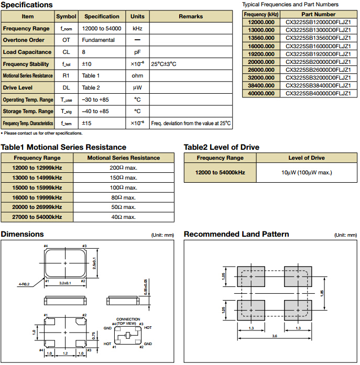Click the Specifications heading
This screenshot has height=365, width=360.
tap(27, 5)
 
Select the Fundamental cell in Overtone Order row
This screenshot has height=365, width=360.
tap(97, 40)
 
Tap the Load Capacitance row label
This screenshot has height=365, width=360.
tap(27, 52)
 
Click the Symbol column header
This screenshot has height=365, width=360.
tap(66, 17)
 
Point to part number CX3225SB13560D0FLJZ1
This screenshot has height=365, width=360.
tap(318, 38)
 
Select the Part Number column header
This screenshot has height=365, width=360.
tap(318, 14)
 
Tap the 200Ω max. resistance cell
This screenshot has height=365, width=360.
tap(123, 168)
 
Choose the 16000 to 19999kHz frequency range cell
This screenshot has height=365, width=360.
tap(37, 197)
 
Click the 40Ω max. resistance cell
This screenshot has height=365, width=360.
tap(123, 217)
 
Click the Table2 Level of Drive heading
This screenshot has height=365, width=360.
tap(221, 147)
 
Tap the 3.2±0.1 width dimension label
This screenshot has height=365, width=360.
tap(66, 282)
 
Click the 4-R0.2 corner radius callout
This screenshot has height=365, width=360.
tap(25, 284)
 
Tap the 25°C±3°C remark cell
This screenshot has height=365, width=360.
tap(163, 64)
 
